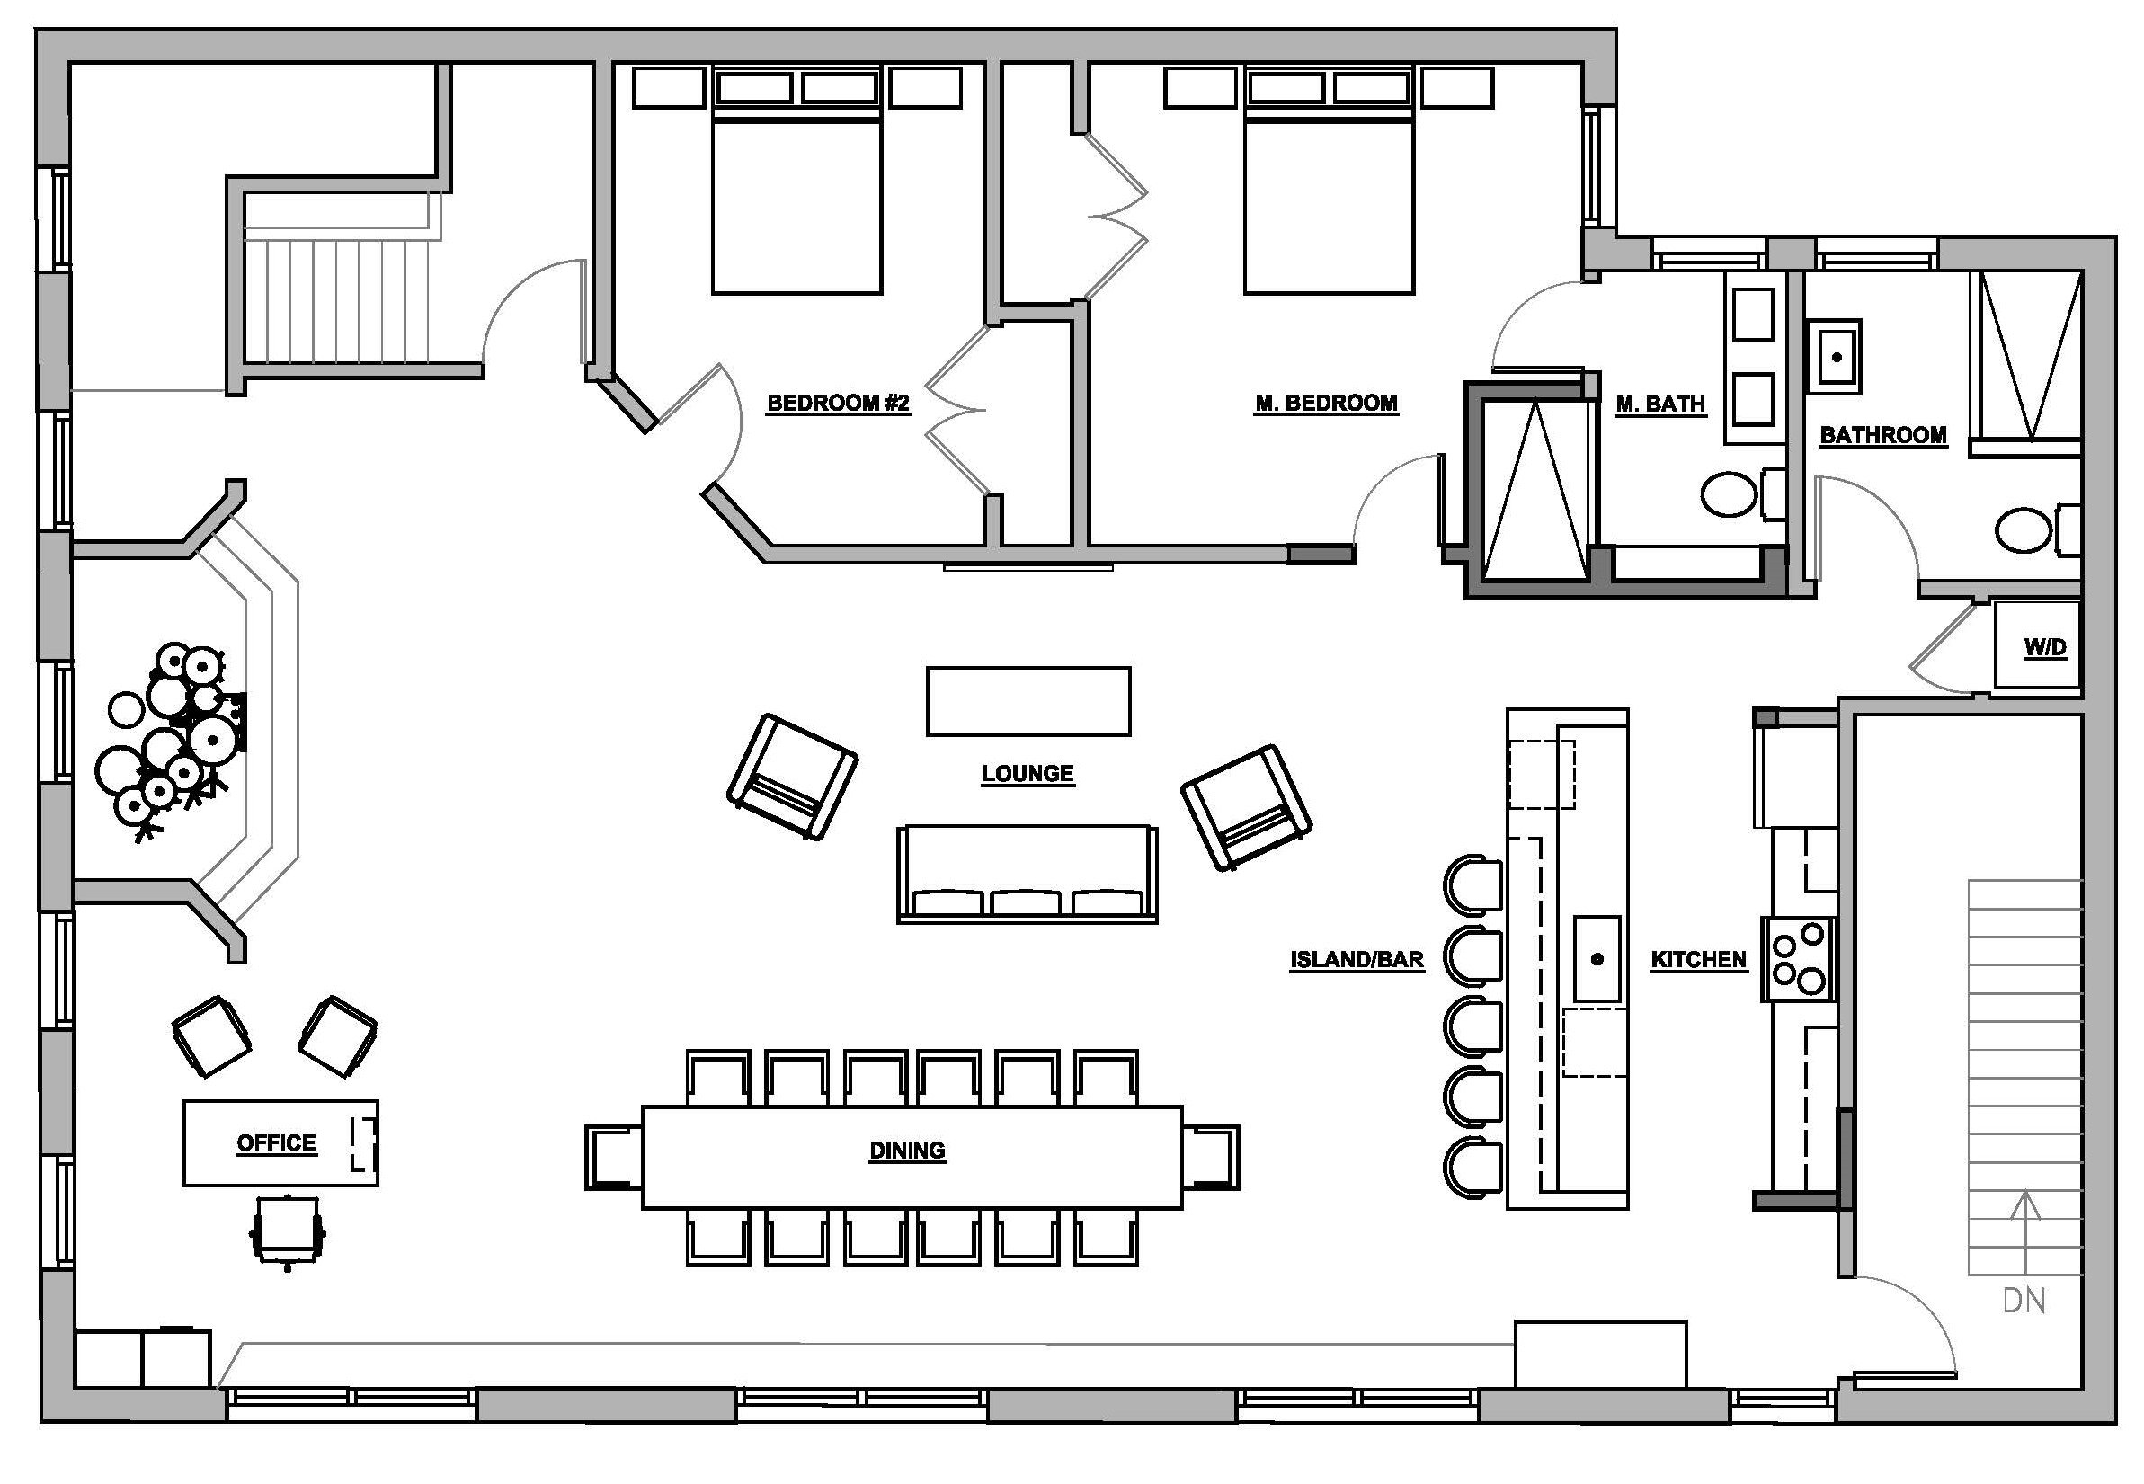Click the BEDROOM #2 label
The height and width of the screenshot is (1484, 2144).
pos(838,403)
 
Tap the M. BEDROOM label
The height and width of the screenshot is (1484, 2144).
pos(1326,403)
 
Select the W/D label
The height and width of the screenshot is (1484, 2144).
pos(2045,647)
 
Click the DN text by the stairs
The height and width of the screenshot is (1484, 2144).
pos(2025,1300)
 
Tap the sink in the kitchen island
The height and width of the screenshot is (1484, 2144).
pos(1597,959)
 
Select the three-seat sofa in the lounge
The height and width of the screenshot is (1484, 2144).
pos(1028,874)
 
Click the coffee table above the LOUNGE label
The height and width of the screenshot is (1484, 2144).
pos(1028,701)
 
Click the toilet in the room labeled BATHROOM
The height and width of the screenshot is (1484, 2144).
pos(2036,530)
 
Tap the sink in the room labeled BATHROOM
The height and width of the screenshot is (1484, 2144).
pos(1835,356)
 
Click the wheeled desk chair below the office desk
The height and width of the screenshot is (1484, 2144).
pos(289,1231)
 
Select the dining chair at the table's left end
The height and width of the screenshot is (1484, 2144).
pos(614,1157)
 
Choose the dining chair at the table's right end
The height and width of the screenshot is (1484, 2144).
pos(1211,1157)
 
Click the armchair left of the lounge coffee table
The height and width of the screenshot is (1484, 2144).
pos(792,778)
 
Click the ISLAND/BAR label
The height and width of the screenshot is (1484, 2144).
pos(1357,960)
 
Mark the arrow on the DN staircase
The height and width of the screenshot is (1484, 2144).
pos(2026,1232)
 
